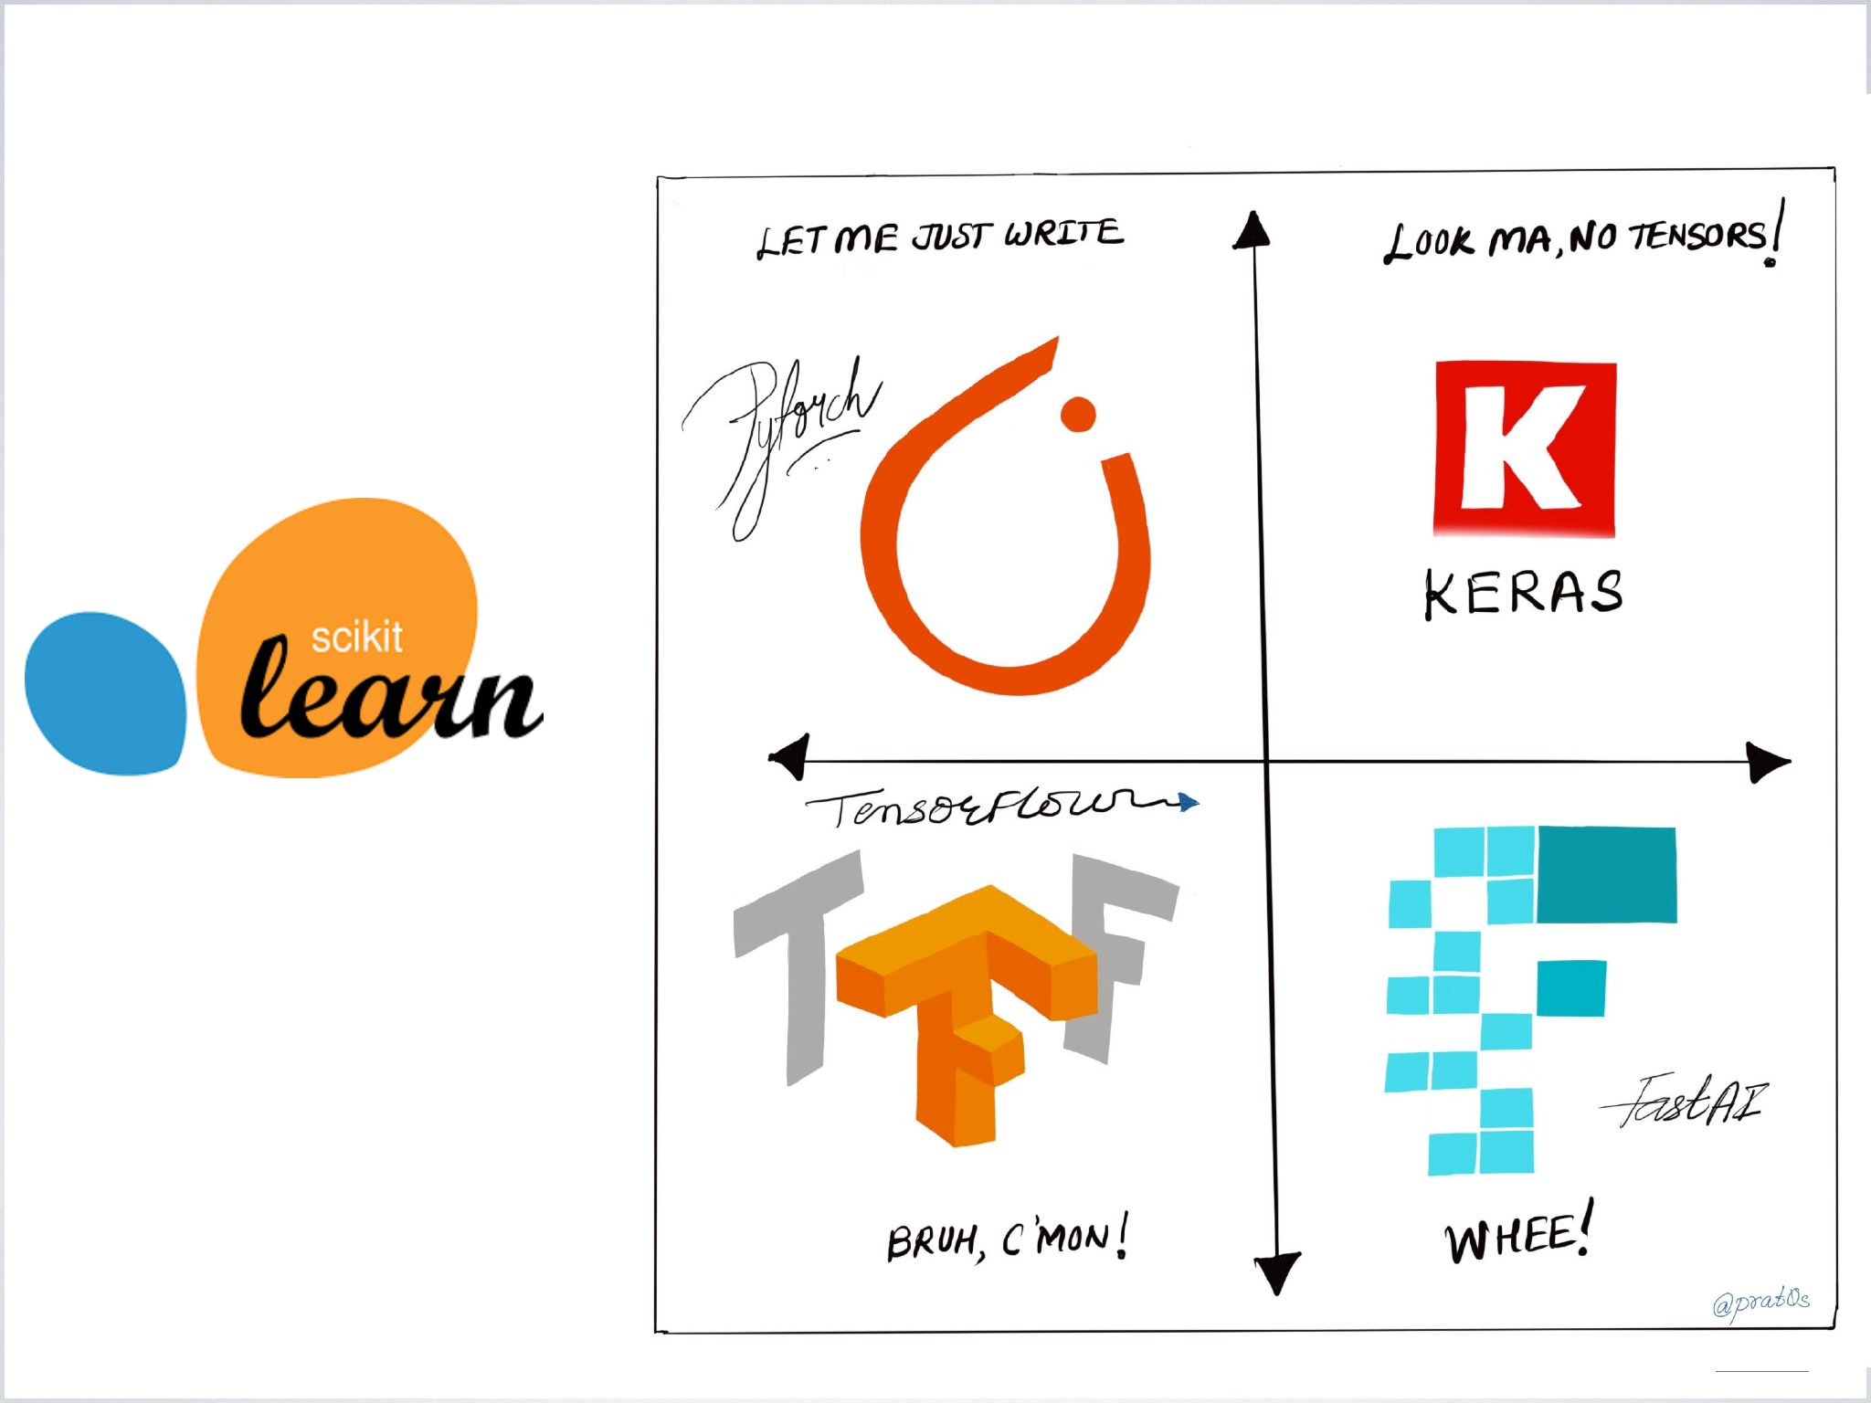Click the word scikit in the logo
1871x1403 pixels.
pos(356,638)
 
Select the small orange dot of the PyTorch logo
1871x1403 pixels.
pos(1078,414)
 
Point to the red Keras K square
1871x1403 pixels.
pos(1525,448)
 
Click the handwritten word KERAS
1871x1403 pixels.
pos(1524,593)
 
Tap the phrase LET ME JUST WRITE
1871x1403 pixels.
pos(940,237)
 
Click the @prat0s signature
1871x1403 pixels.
pos(1760,1301)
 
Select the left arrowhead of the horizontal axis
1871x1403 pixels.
pos(790,756)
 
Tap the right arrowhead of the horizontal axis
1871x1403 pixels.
pos(1767,761)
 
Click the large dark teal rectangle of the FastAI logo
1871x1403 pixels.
pos(1607,874)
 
